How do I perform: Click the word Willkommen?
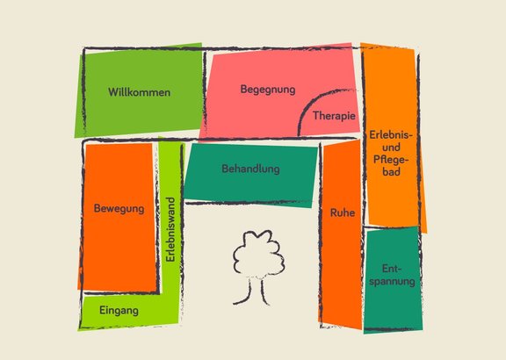click(139, 92)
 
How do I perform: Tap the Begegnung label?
click(268, 90)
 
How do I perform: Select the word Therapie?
click(334, 116)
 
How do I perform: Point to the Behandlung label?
click(250, 169)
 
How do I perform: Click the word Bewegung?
click(119, 208)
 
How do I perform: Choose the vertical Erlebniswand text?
click(170, 229)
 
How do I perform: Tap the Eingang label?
click(119, 311)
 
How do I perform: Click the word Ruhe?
click(343, 212)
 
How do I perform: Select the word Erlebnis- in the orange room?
click(391, 135)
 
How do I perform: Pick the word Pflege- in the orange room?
click(391, 159)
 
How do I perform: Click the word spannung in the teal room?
click(392, 281)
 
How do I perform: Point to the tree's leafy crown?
click(259, 254)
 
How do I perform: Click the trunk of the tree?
click(255, 291)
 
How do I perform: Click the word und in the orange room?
click(391, 148)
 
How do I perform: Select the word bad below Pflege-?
click(392, 171)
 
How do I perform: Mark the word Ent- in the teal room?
click(392, 269)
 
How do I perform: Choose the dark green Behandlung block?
click(250, 175)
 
